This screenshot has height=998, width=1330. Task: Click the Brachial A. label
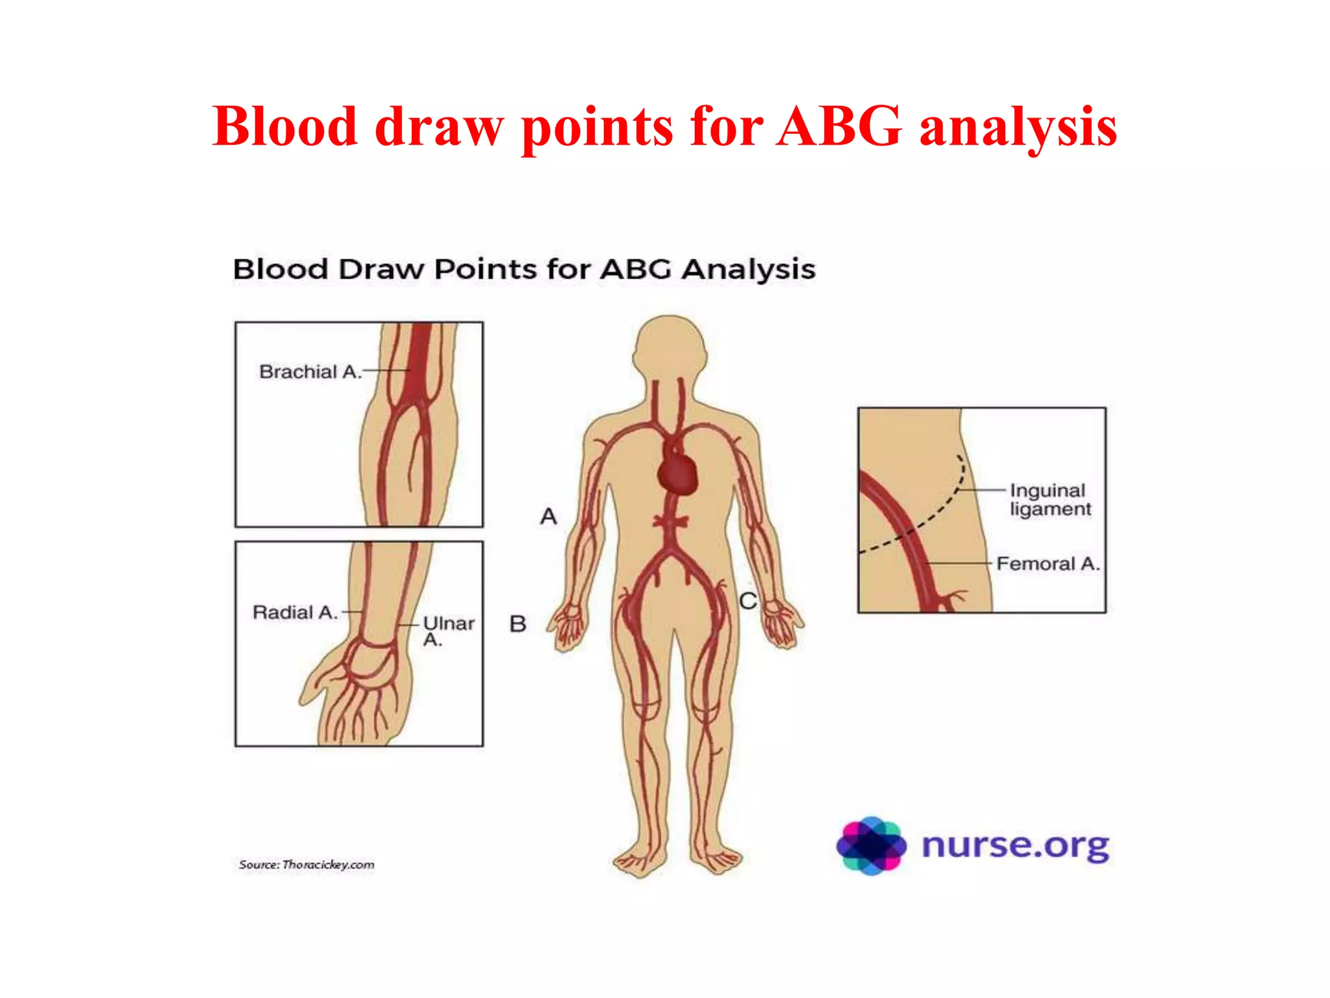click(310, 372)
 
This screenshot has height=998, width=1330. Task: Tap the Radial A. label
click(295, 612)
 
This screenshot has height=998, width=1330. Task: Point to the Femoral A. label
click(1048, 563)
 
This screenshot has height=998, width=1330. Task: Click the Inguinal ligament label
click(1049, 499)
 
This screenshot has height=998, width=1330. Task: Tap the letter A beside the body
click(549, 517)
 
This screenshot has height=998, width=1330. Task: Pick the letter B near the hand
click(518, 624)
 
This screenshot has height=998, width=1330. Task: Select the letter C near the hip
click(748, 601)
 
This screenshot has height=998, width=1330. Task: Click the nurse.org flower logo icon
click(871, 845)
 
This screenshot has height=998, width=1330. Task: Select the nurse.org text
click(1015, 845)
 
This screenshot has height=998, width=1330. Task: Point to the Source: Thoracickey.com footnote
click(307, 864)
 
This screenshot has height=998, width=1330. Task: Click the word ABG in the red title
click(840, 126)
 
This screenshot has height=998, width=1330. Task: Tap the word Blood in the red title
click(285, 126)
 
